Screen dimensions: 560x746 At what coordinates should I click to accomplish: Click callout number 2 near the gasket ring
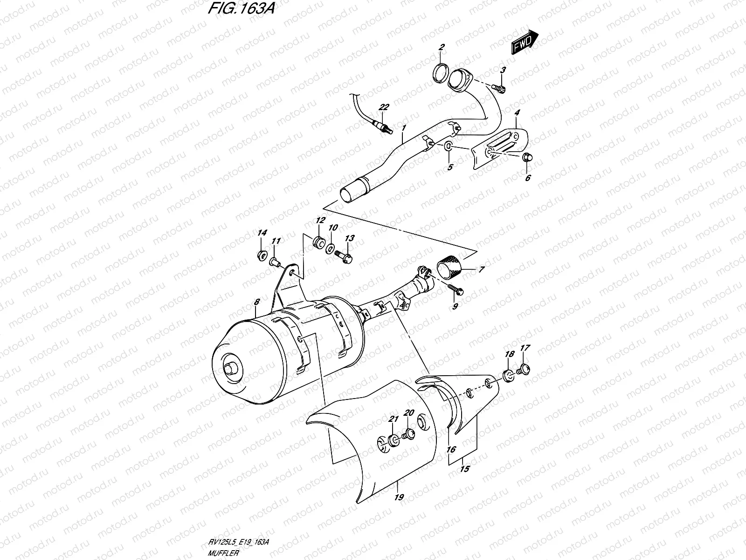(441, 47)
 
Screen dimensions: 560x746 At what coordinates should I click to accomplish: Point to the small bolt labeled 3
(499, 87)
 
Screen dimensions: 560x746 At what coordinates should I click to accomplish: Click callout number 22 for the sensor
(383, 107)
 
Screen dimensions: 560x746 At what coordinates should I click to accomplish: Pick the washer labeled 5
(448, 147)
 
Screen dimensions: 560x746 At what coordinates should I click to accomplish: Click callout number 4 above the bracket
(517, 113)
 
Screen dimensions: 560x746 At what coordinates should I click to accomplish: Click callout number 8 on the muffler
(256, 302)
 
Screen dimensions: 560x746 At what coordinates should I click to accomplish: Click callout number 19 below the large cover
(399, 497)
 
